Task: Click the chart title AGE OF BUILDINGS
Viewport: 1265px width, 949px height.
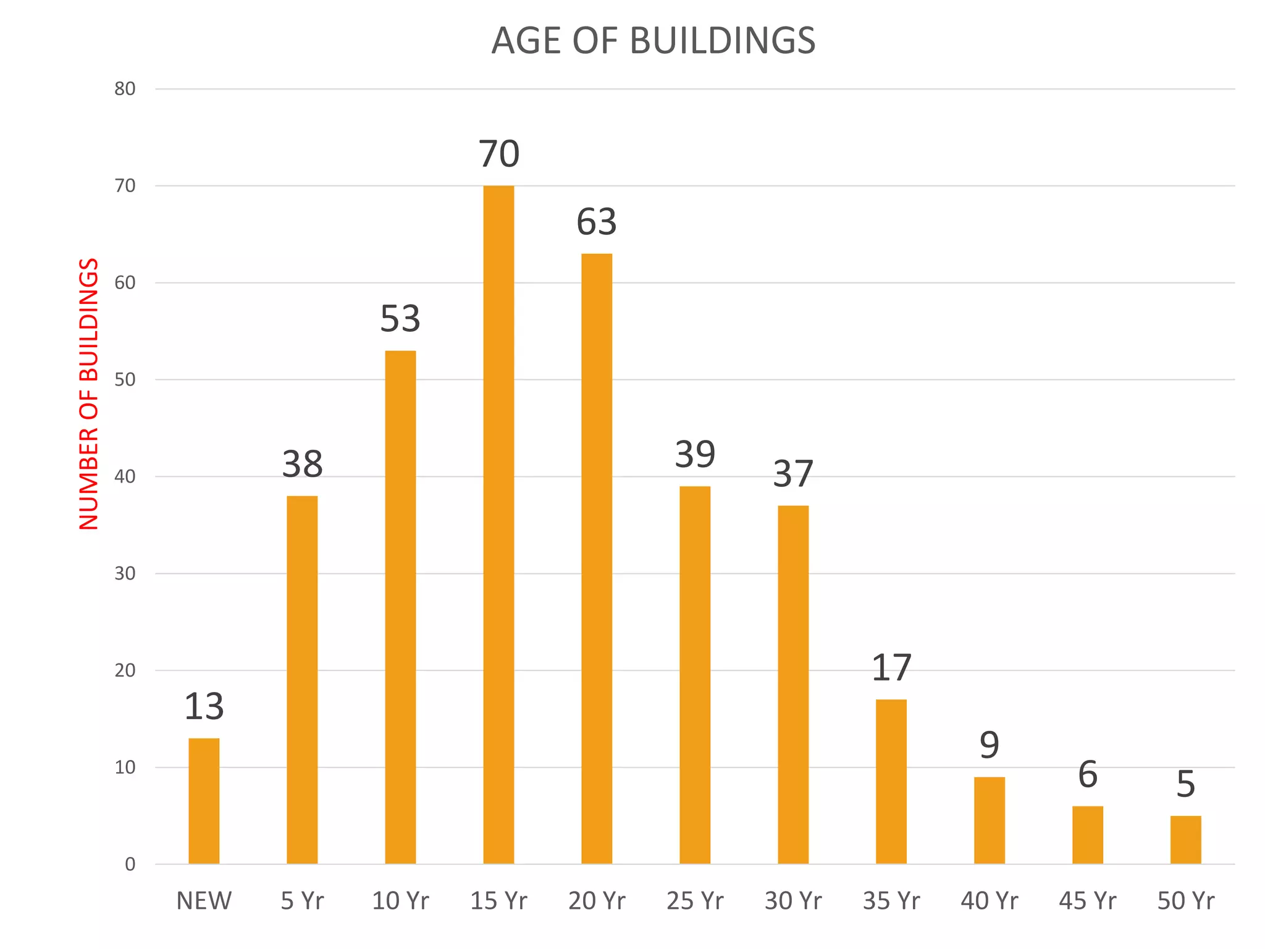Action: (x=654, y=41)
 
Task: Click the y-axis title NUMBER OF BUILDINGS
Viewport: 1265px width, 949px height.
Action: (x=89, y=394)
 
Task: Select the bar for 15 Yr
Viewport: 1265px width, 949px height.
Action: (x=498, y=525)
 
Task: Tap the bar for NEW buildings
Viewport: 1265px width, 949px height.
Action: (x=204, y=801)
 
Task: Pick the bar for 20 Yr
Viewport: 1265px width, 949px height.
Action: (x=597, y=559)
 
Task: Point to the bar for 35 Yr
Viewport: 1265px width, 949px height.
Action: (x=891, y=782)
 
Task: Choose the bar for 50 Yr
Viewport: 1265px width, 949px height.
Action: (x=1185, y=840)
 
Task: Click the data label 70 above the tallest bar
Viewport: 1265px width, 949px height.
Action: (x=499, y=154)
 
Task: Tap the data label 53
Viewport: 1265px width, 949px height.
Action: (x=400, y=319)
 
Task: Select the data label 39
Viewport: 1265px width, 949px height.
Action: (x=695, y=455)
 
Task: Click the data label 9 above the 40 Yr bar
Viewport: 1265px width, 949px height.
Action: (x=989, y=745)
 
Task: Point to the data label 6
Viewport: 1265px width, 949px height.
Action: (x=1087, y=774)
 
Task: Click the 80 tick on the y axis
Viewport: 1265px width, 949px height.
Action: (x=125, y=89)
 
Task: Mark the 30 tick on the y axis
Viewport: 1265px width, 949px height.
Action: (x=125, y=573)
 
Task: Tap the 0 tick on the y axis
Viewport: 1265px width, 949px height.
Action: (x=130, y=864)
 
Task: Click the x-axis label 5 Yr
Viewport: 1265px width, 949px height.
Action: (x=302, y=901)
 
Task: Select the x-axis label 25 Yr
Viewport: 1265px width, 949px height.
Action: (x=695, y=901)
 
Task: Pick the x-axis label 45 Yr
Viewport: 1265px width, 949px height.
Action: (x=1087, y=901)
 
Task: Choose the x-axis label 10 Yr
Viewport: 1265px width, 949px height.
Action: (x=400, y=901)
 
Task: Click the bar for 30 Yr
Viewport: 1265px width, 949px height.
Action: (x=793, y=685)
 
